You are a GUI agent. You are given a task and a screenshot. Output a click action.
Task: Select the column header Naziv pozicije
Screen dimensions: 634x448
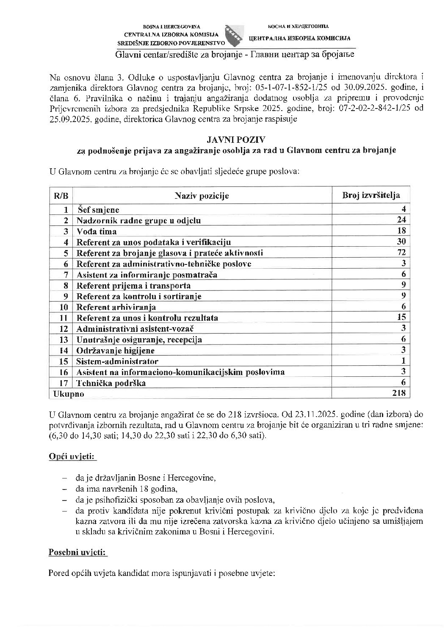[202, 196]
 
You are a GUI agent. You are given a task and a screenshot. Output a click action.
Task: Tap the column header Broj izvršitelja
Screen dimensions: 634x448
[371, 195]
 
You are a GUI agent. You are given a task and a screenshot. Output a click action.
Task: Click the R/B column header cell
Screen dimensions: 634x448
[61, 196]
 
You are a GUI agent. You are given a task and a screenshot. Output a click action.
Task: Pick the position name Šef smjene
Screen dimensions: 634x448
[98, 210]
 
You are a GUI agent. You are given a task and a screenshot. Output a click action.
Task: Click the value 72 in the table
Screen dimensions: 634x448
[401, 253]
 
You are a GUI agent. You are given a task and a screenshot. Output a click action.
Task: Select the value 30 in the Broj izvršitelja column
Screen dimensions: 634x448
[401, 242]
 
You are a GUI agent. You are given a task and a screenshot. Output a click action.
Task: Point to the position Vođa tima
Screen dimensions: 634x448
[97, 231]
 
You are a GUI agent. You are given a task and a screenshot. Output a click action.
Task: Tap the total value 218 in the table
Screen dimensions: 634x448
[399, 393]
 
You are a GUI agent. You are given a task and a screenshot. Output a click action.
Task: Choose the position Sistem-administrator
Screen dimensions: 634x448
[117, 361]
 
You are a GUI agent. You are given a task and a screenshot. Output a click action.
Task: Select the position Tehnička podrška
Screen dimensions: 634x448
[111, 383]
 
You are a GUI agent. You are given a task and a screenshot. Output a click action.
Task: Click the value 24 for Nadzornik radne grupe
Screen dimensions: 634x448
[401, 220]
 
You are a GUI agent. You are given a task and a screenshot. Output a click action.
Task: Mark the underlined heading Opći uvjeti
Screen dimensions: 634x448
[72, 457]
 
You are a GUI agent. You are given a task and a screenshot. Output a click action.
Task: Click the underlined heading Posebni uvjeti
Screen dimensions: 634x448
[78, 553]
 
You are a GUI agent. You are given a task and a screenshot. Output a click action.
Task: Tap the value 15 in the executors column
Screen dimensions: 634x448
[401, 317]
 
